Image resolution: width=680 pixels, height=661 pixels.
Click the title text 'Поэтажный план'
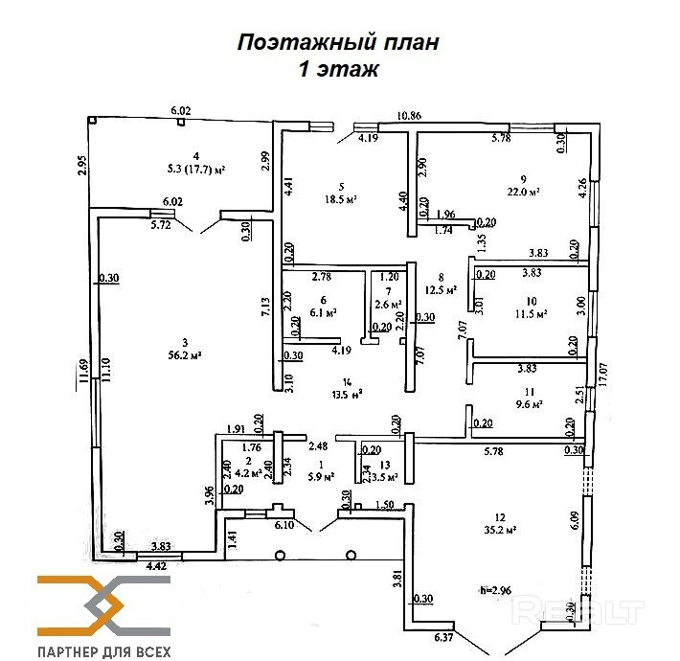[338, 42]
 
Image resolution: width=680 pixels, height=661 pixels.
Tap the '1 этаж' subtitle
[339, 69]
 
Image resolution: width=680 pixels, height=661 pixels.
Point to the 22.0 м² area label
[522, 192]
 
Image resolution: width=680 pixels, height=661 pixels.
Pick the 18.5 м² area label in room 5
[339, 199]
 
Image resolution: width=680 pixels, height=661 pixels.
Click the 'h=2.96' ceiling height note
[496, 590]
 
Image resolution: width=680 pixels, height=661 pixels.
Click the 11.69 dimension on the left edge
[84, 371]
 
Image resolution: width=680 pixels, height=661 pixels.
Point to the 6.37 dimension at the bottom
[444, 637]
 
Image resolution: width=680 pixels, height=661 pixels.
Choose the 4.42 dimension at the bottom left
[156, 565]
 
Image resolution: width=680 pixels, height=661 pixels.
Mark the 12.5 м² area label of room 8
[440, 289]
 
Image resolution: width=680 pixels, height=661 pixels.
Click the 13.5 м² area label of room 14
[342, 393]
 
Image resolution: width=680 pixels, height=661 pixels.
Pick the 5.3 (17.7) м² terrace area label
[194, 170]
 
